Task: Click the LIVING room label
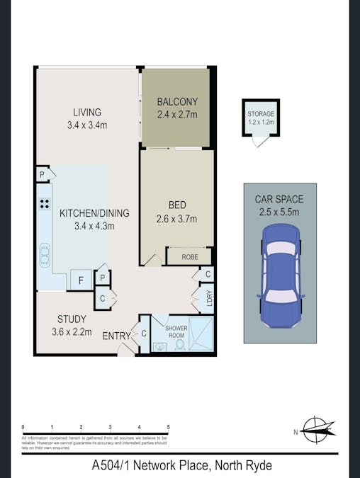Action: click(x=87, y=112)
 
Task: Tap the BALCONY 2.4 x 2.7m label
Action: click(x=177, y=107)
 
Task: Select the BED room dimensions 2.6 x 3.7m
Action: click(x=176, y=219)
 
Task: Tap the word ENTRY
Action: click(x=117, y=335)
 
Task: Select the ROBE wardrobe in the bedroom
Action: click(x=189, y=256)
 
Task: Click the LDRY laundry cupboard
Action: click(x=208, y=300)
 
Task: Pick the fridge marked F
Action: click(x=81, y=280)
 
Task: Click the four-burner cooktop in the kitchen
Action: click(x=44, y=205)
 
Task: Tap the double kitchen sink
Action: click(x=44, y=254)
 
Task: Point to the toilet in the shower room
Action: click(x=179, y=345)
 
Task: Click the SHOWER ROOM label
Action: click(x=176, y=331)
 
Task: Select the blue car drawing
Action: click(x=282, y=275)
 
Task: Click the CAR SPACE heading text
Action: click(x=279, y=200)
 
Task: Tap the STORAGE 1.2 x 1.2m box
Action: click(x=261, y=118)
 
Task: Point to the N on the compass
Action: click(x=296, y=432)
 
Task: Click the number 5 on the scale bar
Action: click(x=168, y=427)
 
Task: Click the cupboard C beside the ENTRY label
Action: click(x=144, y=334)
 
